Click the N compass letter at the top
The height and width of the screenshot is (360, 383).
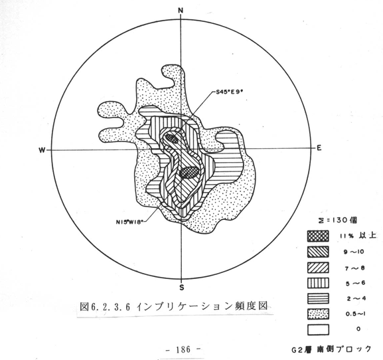pyautogui.click(x=181, y=11)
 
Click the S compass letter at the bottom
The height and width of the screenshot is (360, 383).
pyautogui.click(x=181, y=288)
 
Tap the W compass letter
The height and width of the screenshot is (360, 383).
pyautogui.click(x=42, y=150)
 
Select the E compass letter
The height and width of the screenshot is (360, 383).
pyautogui.click(x=319, y=148)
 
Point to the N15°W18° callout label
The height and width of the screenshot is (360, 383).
pyautogui.click(x=129, y=222)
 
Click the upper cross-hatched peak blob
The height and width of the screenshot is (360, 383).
pyautogui.click(x=171, y=139)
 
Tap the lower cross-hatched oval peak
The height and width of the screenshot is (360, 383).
pyautogui.click(x=189, y=172)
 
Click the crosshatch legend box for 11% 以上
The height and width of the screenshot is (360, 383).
pyautogui.click(x=318, y=236)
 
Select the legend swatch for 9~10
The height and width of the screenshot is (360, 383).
pyautogui.click(x=318, y=252)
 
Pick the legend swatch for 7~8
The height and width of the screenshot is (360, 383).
pyautogui.click(x=318, y=268)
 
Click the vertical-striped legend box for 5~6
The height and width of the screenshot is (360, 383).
pyautogui.click(x=318, y=283)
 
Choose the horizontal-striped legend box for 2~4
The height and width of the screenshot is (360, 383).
pyautogui.click(x=318, y=298)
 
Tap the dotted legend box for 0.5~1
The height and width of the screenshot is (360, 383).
pyautogui.click(x=318, y=314)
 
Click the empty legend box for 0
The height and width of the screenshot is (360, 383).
pyautogui.click(x=318, y=329)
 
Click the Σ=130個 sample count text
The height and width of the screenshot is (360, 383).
pyautogui.click(x=336, y=221)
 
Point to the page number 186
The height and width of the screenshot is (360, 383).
pyautogui.click(x=183, y=349)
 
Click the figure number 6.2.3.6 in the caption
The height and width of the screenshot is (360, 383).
pyautogui.click(x=110, y=307)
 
